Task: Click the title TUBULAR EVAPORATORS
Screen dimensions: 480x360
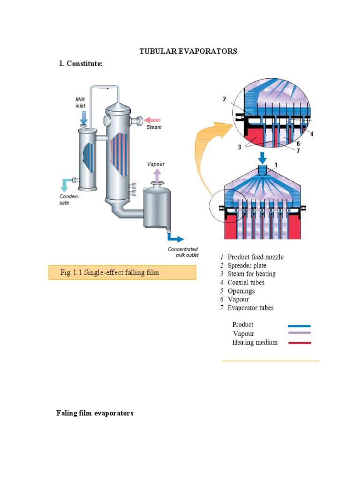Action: (x=188, y=51)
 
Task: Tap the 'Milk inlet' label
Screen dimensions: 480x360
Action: (x=81, y=103)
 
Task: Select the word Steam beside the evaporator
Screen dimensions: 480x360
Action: (x=154, y=127)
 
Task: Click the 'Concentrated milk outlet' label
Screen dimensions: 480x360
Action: (x=183, y=252)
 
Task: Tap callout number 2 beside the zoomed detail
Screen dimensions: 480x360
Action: (x=225, y=99)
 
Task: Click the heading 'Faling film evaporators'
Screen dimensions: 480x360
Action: (x=95, y=413)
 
